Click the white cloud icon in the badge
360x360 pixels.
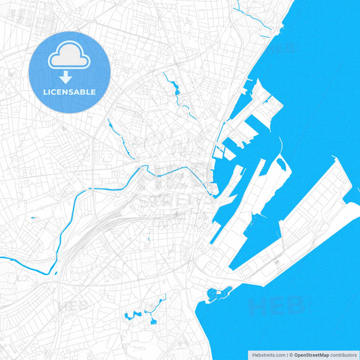(70, 57)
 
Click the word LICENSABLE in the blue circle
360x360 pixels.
(70, 92)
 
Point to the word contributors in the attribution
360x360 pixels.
(343, 355)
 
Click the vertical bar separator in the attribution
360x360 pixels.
(287, 355)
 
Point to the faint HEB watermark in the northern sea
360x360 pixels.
(284, 49)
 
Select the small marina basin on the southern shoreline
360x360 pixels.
(218, 293)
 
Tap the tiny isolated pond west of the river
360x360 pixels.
(34, 217)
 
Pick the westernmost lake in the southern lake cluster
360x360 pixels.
(128, 315)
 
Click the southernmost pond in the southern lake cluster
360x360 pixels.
(153, 322)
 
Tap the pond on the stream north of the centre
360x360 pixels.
(175, 90)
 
